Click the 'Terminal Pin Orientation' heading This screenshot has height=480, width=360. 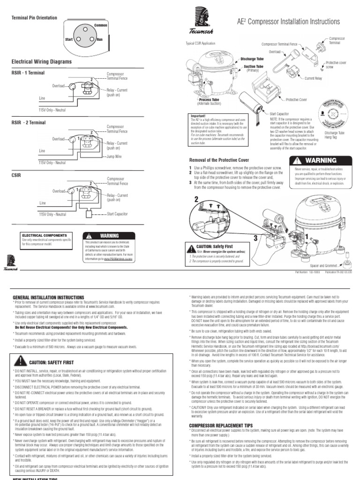coord(34,18)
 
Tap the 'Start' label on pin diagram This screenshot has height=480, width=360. coord(70,40)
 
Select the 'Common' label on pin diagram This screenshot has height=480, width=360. coord(101,24)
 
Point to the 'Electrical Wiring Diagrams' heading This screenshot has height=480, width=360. coord(41,61)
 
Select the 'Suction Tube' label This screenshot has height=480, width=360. coord(253,67)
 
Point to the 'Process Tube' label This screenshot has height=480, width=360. coord(209,100)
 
